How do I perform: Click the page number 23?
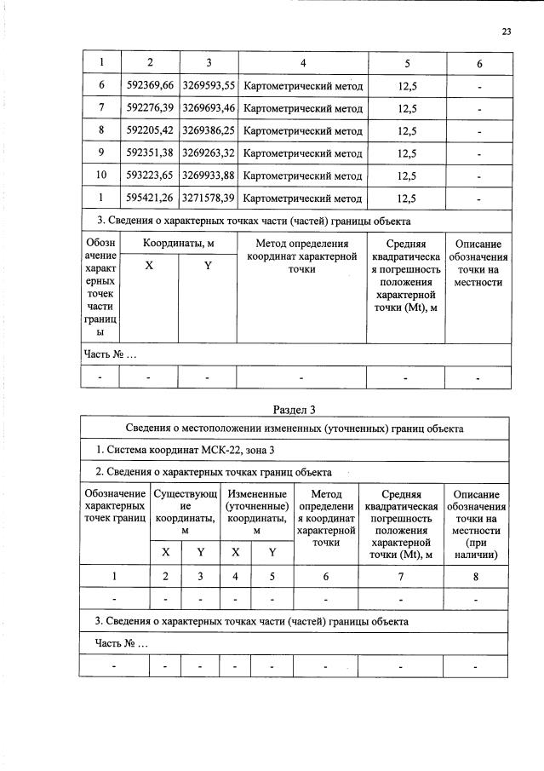(506, 32)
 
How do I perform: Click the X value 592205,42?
(149, 131)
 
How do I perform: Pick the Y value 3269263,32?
(209, 153)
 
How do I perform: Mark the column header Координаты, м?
(178, 244)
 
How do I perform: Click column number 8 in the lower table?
(477, 577)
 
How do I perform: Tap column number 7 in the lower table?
(397, 577)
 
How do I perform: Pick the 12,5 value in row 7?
(406, 109)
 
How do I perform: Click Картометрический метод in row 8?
(302, 131)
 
